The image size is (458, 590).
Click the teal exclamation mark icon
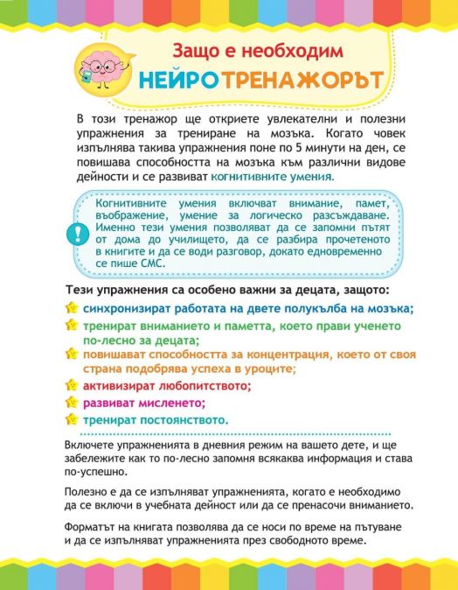(73, 234)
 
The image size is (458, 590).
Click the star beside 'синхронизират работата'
(71, 308)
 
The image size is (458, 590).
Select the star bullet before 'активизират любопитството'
(71, 384)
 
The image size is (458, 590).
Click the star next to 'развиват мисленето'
(71, 403)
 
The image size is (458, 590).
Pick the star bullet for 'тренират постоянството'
(71, 420)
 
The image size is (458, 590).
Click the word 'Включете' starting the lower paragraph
(90, 445)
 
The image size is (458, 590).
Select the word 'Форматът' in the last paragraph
(91, 526)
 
